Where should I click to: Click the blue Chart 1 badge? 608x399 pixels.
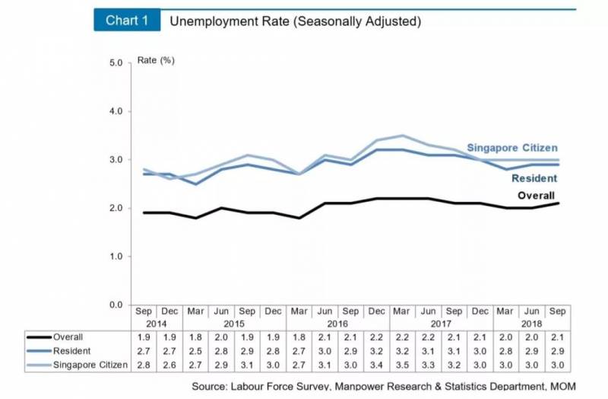(x=127, y=21)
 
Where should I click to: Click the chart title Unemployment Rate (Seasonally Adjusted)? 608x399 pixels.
(x=295, y=21)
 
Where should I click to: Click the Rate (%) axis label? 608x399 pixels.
(x=156, y=60)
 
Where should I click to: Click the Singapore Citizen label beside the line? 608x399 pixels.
(x=511, y=148)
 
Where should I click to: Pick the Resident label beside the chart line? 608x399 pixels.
(x=534, y=178)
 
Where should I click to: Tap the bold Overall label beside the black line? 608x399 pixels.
(x=537, y=196)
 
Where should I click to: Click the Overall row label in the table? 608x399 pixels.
(x=68, y=337)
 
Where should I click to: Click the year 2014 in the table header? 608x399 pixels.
(x=157, y=324)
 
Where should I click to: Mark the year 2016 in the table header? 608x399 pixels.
(x=337, y=324)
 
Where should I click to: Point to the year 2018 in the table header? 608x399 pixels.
(x=530, y=324)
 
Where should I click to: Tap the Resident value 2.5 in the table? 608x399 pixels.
(x=195, y=352)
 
